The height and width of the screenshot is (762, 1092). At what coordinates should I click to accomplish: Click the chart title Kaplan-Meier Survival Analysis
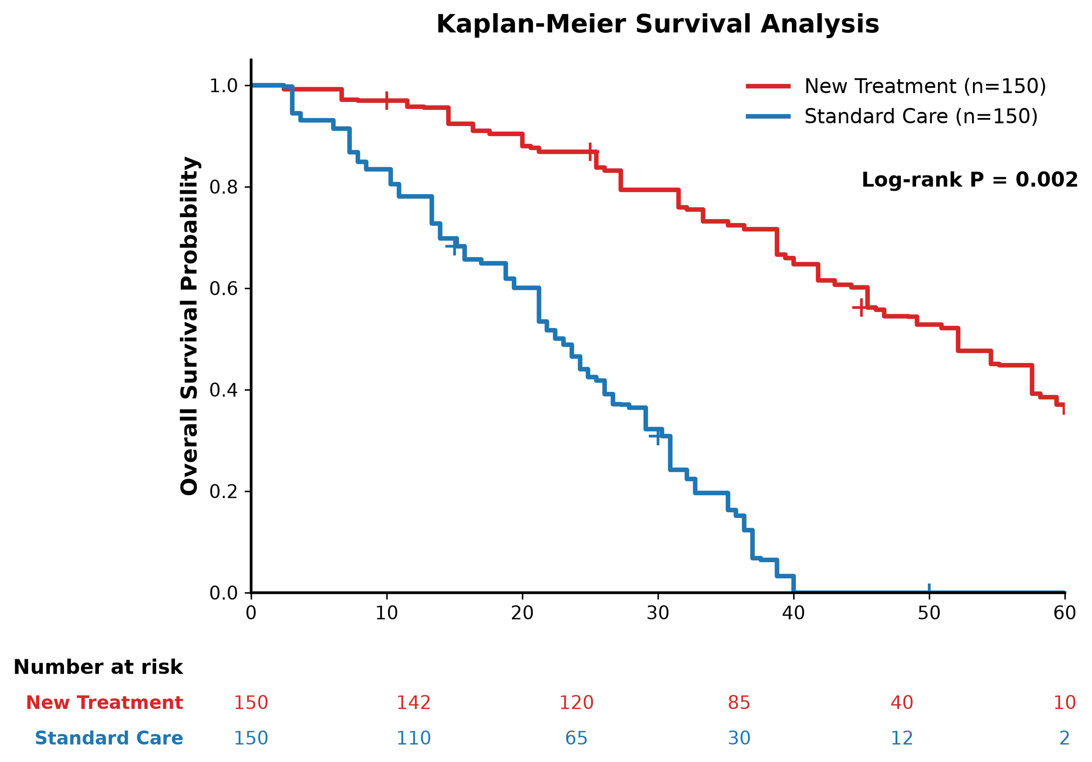click(657, 24)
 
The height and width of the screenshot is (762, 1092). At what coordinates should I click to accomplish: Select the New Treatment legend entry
click(896, 86)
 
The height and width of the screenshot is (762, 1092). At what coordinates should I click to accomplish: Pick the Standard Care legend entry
click(892, 116)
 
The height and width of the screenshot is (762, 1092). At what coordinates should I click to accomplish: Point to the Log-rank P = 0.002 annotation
click(969, 180)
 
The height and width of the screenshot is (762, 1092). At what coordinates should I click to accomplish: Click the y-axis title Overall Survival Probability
click(189, 326)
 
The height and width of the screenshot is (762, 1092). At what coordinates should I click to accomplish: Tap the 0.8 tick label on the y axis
click(224, 187)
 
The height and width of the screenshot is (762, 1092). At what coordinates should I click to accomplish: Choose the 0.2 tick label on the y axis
click(224, 491)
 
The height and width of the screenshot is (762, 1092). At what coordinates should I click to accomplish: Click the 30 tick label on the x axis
click(658, 614)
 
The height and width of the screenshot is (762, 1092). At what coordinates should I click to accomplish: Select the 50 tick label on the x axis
click(929, 614)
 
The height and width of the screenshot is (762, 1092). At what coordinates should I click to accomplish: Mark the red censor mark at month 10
click(387, 100)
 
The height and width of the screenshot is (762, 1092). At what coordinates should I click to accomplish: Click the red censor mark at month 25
click(590, 152)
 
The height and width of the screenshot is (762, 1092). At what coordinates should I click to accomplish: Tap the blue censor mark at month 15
click(455, 246)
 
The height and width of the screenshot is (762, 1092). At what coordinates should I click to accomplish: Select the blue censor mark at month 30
click(658, 436)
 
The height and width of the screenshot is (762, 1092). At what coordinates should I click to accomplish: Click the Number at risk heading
click(98, 668)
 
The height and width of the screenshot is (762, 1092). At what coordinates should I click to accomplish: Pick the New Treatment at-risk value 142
click(414, 703)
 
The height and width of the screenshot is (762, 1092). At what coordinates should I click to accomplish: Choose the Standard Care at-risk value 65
click(577, 738)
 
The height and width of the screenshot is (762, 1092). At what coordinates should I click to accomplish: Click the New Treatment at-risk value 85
click(739, 703)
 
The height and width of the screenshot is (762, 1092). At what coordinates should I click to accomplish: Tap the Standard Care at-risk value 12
click(902, 738)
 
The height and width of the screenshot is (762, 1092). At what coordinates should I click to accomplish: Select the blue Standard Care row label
click(109, 738)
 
